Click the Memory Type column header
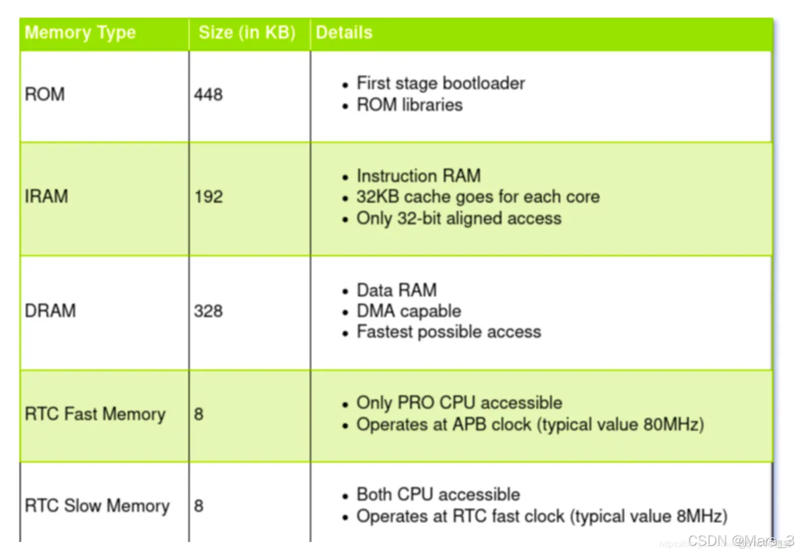pos(80,33)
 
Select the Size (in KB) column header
pos(246,33)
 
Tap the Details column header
pos(344,33)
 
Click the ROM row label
pos(45,94)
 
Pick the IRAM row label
pos(46,197)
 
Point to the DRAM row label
pos(50,311)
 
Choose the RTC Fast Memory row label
pos(95,414)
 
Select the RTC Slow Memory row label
pos(97,505)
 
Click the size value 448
pos(208,94)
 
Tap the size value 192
pos(208,197)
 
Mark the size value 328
pos(208,311)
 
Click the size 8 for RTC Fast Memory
pos(199,414)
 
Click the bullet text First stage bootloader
pos(440,84)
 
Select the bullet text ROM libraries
pos(409,105)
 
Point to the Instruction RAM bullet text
pos(418,176)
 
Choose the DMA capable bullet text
pos(409,311)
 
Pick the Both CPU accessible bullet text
pos(438,495)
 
